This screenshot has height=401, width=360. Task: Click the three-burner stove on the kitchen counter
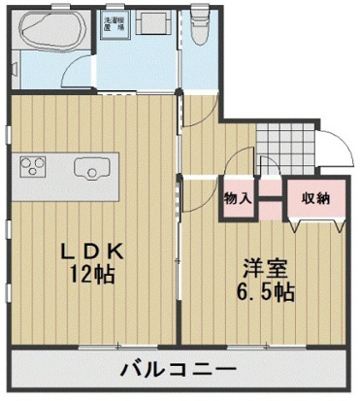point(32,167)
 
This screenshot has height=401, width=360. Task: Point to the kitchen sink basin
point(93,169)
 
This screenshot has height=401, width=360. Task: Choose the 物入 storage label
point(238,198)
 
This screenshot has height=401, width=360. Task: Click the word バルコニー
point(180,370)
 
